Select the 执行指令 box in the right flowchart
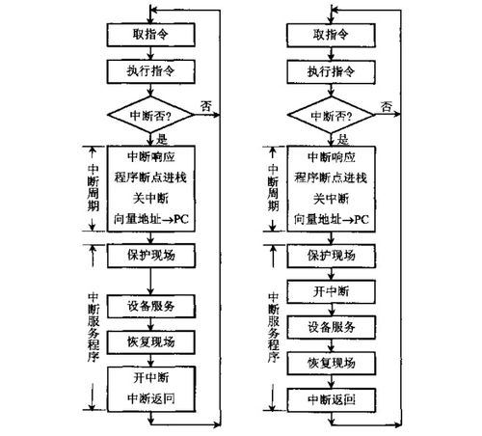(331, 71)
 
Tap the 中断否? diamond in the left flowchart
(151, 115)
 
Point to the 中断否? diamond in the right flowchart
(331, 115)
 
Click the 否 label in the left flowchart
(206, 104)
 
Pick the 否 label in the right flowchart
(387, 104)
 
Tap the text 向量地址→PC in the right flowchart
(331, 219)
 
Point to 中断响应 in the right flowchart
(331, 157)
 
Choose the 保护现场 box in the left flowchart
(151, 255)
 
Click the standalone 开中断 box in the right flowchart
(331, 289)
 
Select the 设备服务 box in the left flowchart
(151, 308)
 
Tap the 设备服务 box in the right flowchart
(331, 326)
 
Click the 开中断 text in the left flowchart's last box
(151, 375)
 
